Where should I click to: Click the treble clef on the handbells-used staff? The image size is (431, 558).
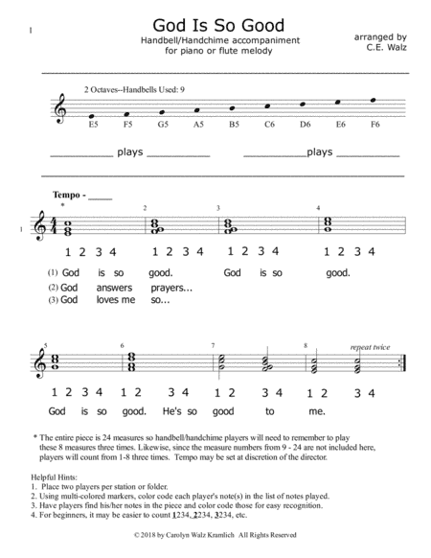[x=65, y=105]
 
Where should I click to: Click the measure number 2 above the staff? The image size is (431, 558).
[x=146, y=208]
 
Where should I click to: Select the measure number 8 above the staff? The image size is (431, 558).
[x=305, y=345]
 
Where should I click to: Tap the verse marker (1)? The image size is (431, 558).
[x=52, y=272]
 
